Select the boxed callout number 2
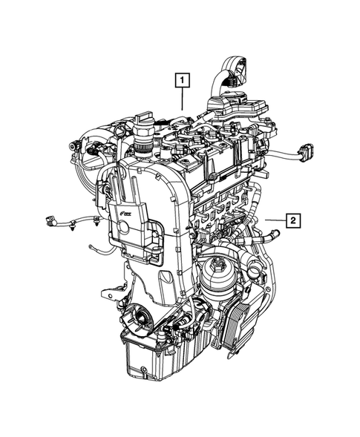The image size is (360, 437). (294, 220)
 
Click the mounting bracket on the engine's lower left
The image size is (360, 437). (113, 291)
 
